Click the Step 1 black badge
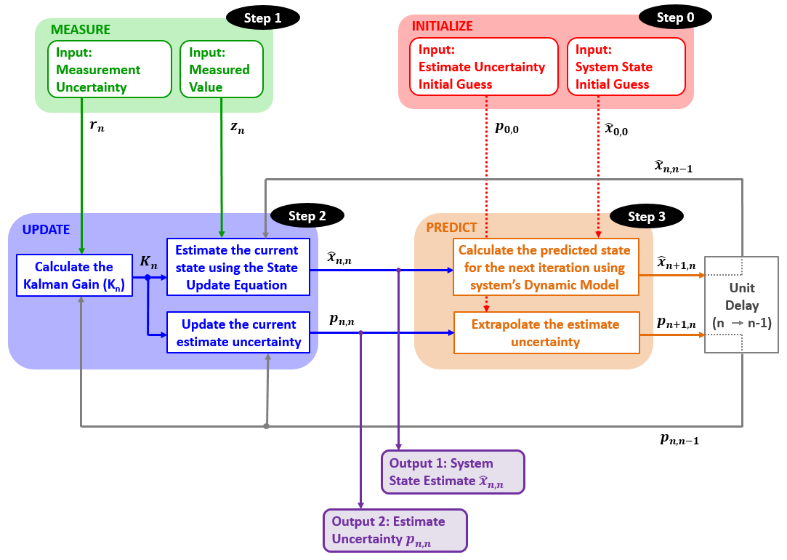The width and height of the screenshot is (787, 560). click(263, 18)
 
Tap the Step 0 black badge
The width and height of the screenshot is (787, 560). click(675, 17)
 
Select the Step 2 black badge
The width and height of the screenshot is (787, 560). click(307, 216)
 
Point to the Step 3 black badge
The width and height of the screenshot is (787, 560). click(647, 217)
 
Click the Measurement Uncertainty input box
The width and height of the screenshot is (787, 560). click(110, 69)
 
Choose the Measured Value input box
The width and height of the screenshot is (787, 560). click(222, 69)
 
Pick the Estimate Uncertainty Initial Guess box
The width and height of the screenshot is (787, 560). click(484, 66)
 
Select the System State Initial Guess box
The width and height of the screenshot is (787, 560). click(626, 66)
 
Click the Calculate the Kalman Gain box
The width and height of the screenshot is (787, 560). click(74, 275)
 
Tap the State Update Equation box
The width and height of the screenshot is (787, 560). click(238, 267)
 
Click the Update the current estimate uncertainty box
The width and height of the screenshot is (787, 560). click(238, 332)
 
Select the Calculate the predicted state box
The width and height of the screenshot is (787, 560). click(546, 267)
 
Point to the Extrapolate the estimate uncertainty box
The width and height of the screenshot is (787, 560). click(546, 333)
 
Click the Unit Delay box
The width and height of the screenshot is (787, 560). click(742, 305)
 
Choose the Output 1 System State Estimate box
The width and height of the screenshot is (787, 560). click(453, 472)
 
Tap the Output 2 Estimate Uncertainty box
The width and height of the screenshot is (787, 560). click(395, 530)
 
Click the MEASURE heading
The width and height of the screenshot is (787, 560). click(81, 30)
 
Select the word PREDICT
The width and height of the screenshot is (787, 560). click(451, 228)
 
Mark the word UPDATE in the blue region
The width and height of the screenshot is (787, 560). click(47, 230)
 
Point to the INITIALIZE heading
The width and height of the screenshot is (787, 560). click(442, 26)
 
